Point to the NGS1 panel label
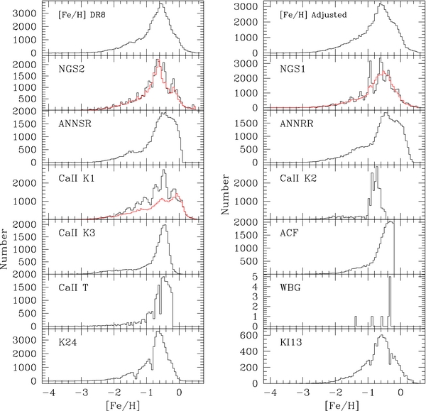pos(291,69)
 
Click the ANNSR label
pos(72,124)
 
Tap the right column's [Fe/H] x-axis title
pos(335,405)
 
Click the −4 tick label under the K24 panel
pos(48,391)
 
